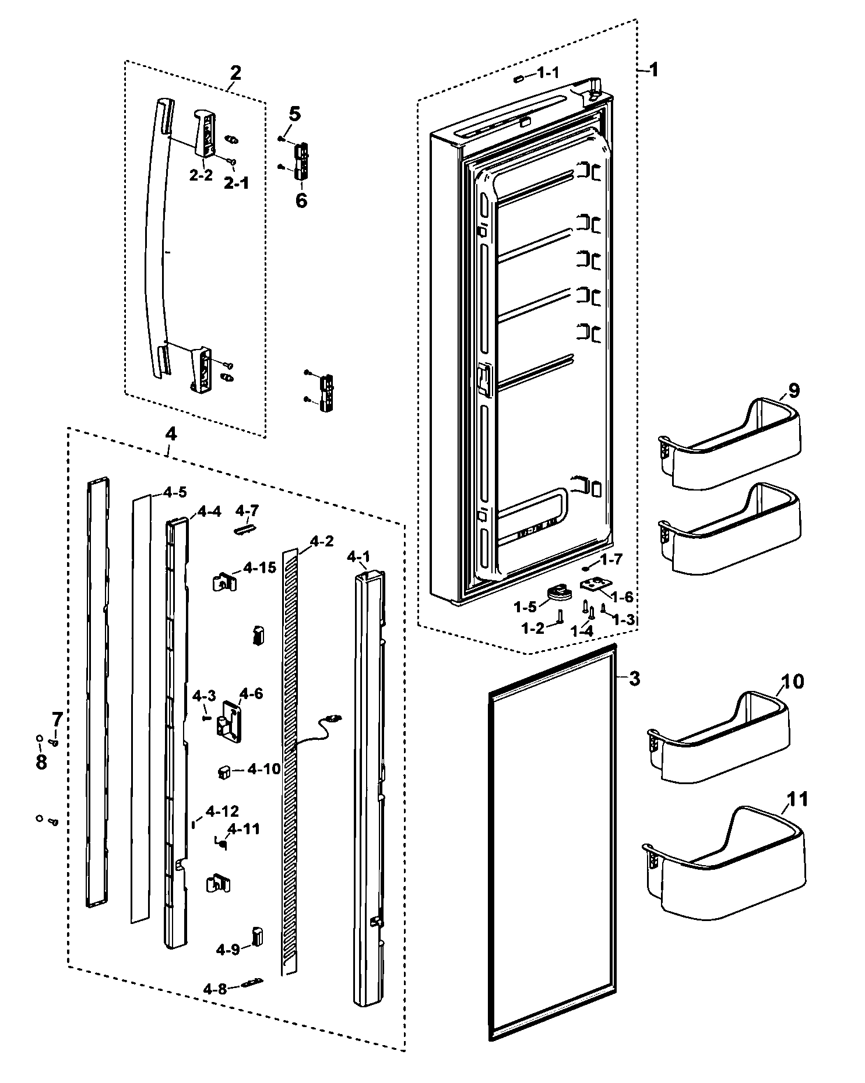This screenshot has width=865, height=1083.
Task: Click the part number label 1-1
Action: coord(547,73)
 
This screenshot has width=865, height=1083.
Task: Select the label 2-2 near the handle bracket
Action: coord(201,175)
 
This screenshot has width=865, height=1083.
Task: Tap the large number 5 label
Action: coord(295,114)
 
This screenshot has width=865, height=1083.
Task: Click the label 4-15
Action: coord(260,567)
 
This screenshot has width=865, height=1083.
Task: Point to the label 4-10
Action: coord(264,770)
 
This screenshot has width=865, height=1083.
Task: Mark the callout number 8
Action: coord(41,762)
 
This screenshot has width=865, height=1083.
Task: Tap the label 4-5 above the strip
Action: coord(175,492)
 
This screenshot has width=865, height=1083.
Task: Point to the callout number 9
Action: coord(794,390)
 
